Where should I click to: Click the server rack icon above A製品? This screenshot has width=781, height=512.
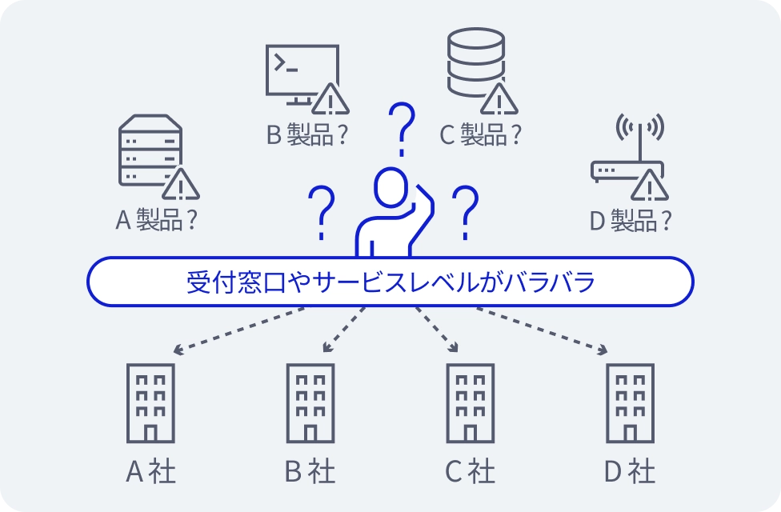150,152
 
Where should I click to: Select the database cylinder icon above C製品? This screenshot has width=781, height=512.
475,62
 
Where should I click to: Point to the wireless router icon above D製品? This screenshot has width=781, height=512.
627,156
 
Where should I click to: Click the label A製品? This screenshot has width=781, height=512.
157,219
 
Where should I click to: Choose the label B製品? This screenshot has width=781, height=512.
308,134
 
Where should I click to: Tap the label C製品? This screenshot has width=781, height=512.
481,134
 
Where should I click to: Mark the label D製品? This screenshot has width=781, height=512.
630,219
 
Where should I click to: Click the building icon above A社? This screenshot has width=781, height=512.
150,403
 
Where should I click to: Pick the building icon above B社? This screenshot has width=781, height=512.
310,403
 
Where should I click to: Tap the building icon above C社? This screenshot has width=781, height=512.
471,403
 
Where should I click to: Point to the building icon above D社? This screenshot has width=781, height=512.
630,403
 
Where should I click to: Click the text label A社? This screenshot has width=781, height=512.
150,471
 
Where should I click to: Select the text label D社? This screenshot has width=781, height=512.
630,471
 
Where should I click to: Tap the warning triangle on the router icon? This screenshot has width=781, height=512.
648,186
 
